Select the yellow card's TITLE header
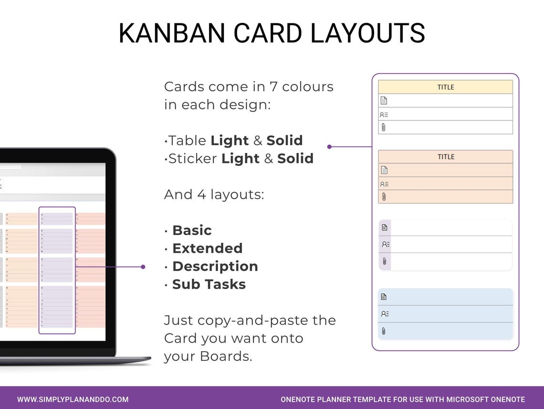(x=446, y=87)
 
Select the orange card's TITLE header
(x=446, y=157)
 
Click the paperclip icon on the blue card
(x=384, y=331)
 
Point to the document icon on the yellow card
(x=384, y=100)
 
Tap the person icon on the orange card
(x=384, y=184)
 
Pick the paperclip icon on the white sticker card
(x=385, y=261)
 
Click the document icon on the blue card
(x=384, y=297)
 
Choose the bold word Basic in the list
(x=192, y=230)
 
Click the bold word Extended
(x=207, y=248)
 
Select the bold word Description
(x=215, y=266)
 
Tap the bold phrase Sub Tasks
(x=209, y=284)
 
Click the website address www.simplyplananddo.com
(x=73, y=399)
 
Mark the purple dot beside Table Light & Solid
(x=329, y=147)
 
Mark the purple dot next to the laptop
(x=143, y=267)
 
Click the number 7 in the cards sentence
(x=272, y=87)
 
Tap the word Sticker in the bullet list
(x=193, y=159)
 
